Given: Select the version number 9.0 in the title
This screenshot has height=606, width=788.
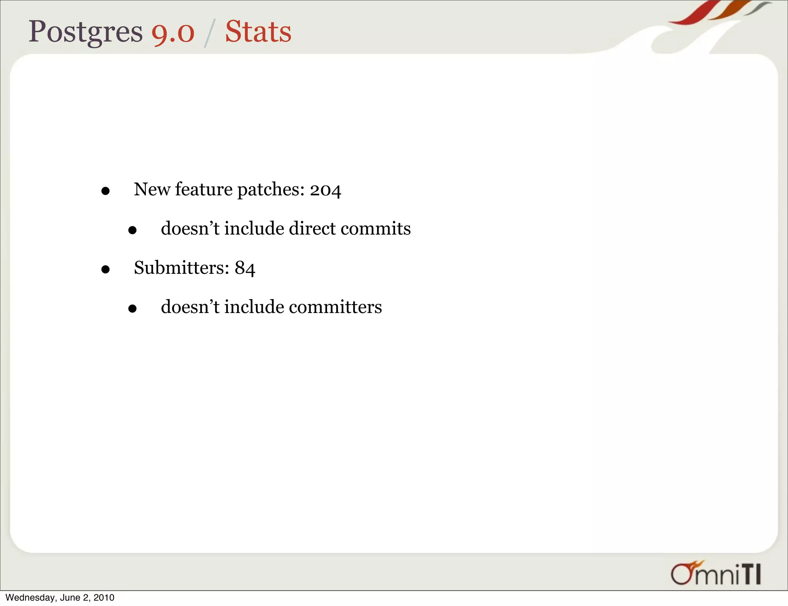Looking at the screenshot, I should (173, 32).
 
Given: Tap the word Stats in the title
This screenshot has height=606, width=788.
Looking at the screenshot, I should (258, 32).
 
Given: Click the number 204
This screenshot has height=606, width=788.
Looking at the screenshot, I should (326, 190).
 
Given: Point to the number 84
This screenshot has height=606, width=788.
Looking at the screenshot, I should (245, 268).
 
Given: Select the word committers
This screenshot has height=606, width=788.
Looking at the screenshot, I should (335, 307).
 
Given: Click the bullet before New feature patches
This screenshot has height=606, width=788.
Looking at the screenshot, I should (105, 191).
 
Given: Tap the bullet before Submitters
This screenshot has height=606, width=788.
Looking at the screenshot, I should (105, 270).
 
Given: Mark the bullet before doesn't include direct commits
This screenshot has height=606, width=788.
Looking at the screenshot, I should (132, 230).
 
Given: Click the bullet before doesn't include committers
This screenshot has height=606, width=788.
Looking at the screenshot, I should (132, 309).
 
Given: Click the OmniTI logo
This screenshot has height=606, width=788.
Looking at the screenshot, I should (716, 573).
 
